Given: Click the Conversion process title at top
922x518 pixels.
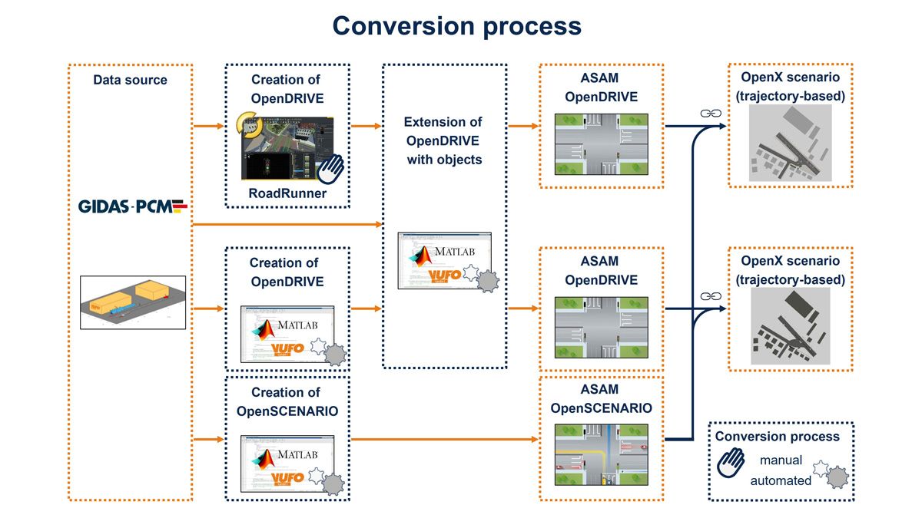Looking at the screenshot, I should tap(456, 25).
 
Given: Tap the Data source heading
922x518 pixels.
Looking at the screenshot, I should tap(130, 80).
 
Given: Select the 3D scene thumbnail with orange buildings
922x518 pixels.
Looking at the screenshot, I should tap(132, 302).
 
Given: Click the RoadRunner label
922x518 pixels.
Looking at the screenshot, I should tap(287, 193).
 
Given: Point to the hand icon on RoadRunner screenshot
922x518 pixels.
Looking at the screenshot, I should tap(331, 167).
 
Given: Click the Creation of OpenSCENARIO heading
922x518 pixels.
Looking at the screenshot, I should tap(287, 401).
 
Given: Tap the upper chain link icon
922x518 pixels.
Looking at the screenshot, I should tap(711, 114).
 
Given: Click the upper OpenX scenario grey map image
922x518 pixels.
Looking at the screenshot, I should tap(790, 144).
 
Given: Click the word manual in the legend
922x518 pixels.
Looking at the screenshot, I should tap(781, 460).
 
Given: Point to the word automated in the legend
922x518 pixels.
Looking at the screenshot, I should tap(781, 480).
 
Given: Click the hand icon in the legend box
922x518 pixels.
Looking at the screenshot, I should tap(730, 463).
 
